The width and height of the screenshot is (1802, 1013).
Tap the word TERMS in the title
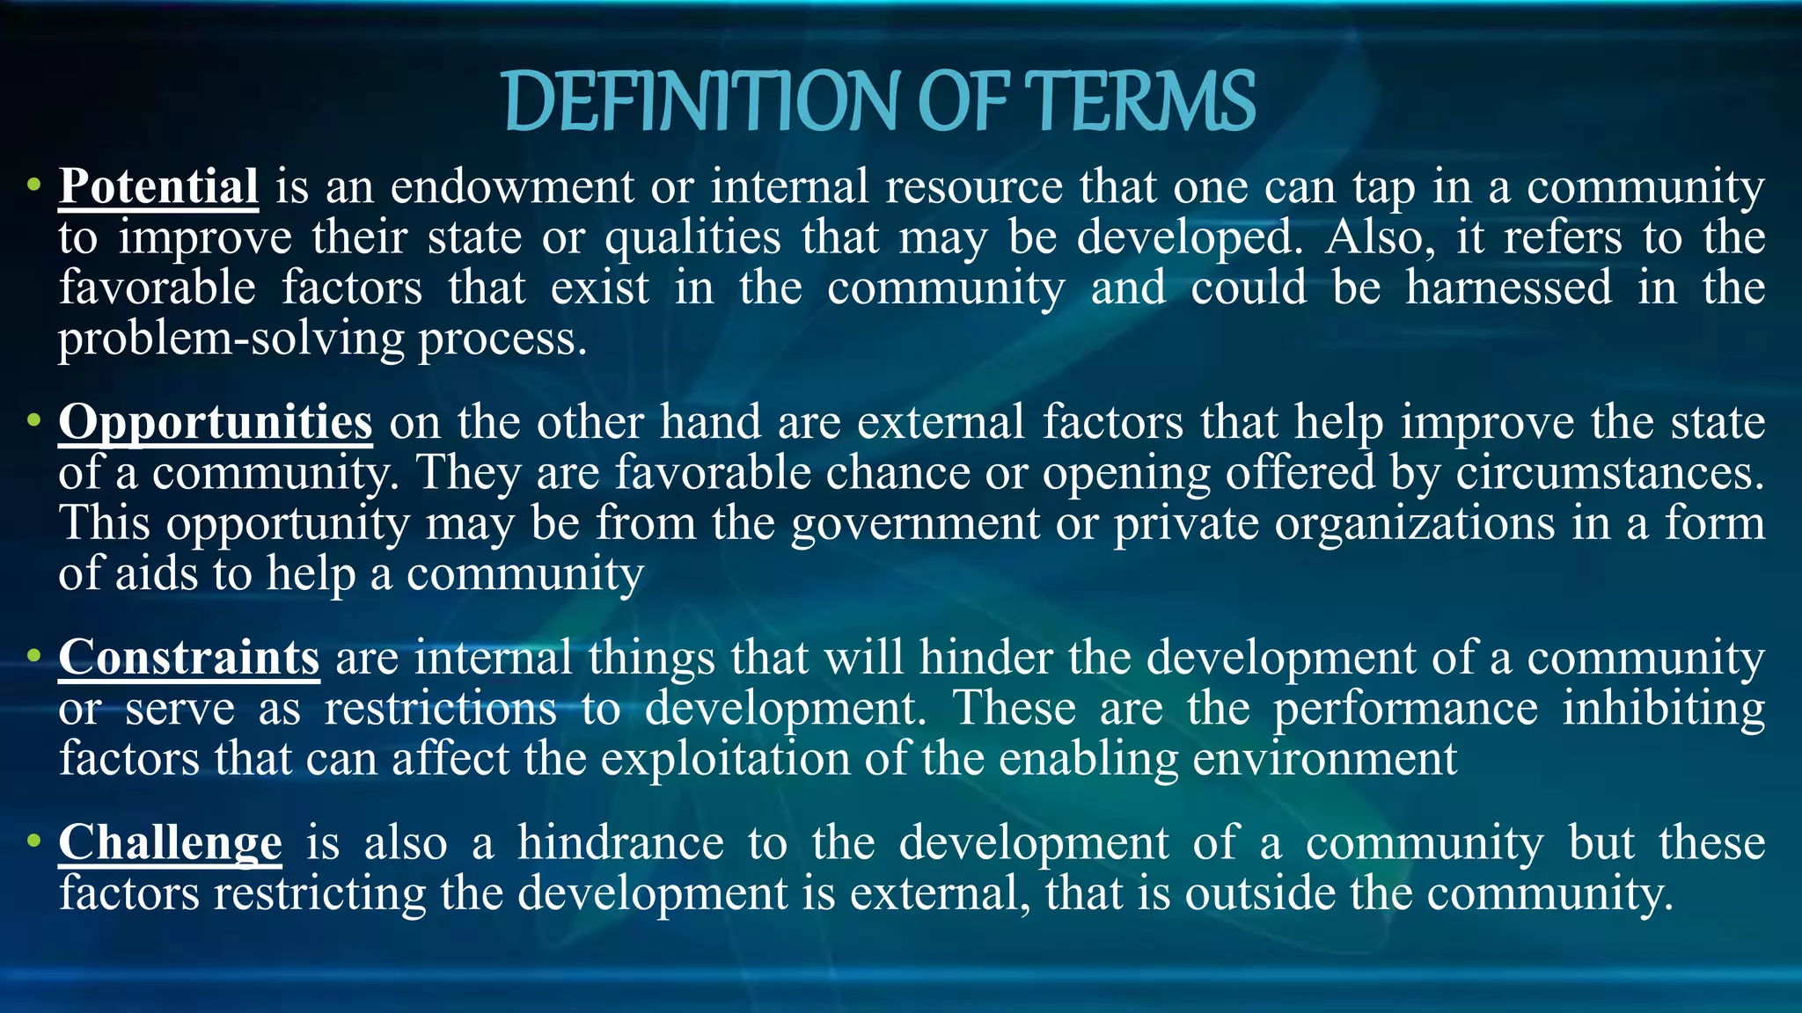pyautogui.click(x=1140, y=102)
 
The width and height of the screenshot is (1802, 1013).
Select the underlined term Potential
pyautogui.click(x=158, y=186)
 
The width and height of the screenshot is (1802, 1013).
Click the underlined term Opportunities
pyautogui.click(x=216, y=422)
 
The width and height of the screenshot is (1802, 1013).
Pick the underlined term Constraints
pyautogui.click(x=189, y=658)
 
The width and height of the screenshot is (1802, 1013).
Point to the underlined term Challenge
pyautogui.click(x=171, y=842)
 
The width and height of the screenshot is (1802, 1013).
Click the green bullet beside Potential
pyautogui.click(x=33, y=185)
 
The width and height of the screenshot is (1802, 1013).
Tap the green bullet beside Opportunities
pyautogui.click(x=33, y=420)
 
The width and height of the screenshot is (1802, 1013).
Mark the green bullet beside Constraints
pyautogui.click(x=33, y=656)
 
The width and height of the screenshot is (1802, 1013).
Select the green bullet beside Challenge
pyautogui.click(x=33, y=841)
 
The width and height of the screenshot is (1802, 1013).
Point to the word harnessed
pyautogui.click(x=1508, y=288)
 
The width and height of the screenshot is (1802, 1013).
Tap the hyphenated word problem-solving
pyautogui.click(x=231, y=339)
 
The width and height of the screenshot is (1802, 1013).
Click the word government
pyautogui.click(x=915, y=524)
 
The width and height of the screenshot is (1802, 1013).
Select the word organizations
pyautogui.click(x=1415, y=524)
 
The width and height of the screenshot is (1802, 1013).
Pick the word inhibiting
pyautogui.click(x=1663, y=709)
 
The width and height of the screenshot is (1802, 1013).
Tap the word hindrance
pyautogui.click(x=620, y=842)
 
